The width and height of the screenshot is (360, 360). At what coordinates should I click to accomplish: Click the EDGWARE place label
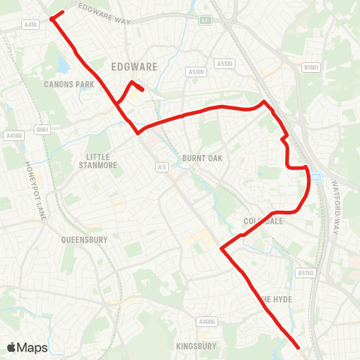tap(134, 66)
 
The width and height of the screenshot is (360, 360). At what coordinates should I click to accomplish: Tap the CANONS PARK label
tap(69, 85)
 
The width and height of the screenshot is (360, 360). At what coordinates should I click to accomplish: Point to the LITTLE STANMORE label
tap(99, 160)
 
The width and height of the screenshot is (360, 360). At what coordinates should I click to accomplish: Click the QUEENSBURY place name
tap(85, 240)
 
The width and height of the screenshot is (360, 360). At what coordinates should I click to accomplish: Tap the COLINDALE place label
tap(261, 221)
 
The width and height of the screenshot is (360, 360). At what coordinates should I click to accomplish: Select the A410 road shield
tap(30, 25)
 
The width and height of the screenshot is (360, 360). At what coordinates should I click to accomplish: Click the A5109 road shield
tap(196, 72)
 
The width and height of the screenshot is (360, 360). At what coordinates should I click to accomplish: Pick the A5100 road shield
tap(224, 64)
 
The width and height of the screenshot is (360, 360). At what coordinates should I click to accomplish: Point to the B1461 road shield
tap(311, 67)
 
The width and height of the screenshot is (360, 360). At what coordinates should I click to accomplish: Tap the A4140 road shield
tap(13, 136)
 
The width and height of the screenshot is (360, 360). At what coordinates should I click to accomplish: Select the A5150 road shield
tap(304, 273)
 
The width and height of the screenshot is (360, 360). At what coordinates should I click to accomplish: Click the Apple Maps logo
tap(27, 347)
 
